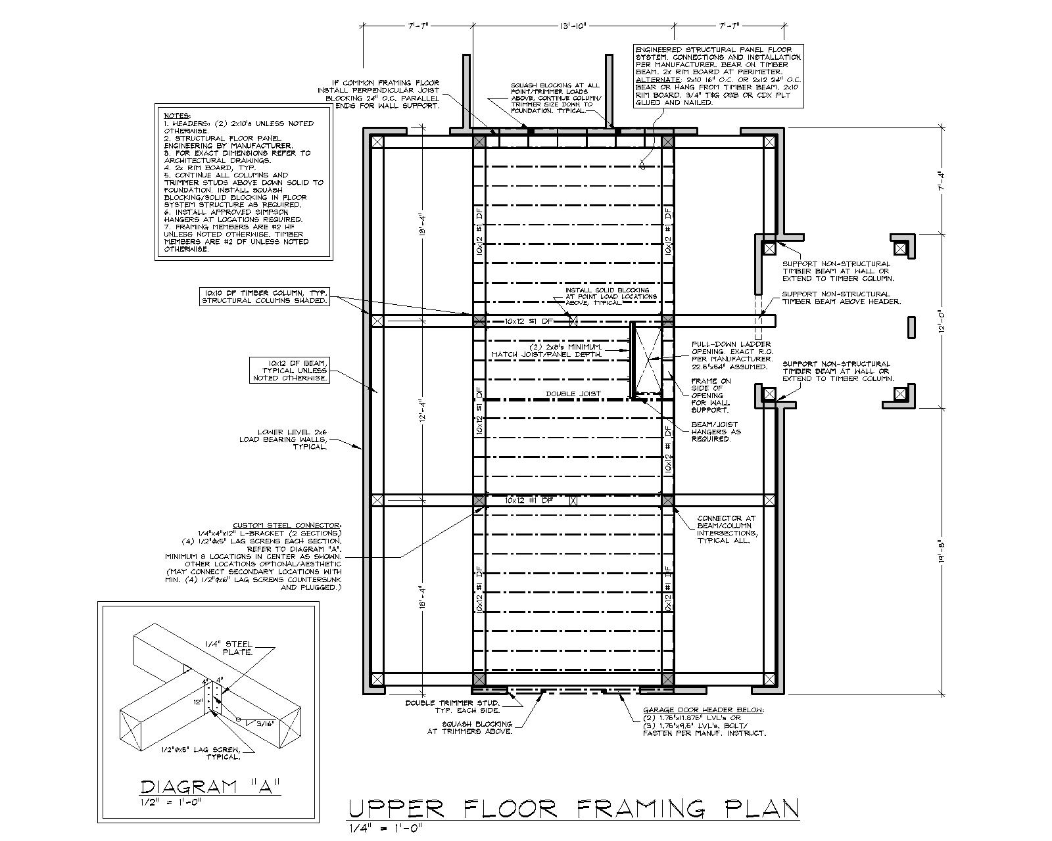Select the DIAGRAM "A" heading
(x=211, y=786)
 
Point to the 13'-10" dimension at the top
(x=573, y=26)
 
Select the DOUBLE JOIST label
(x=573, y=394)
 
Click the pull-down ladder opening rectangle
(x=646, y=359)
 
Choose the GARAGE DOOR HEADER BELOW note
(x=704, y=721)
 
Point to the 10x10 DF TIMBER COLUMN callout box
(x=266, y=296)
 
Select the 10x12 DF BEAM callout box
(x=289, y=371)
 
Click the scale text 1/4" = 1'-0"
(x=384, y=827)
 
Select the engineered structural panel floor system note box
(x=718, y=76)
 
